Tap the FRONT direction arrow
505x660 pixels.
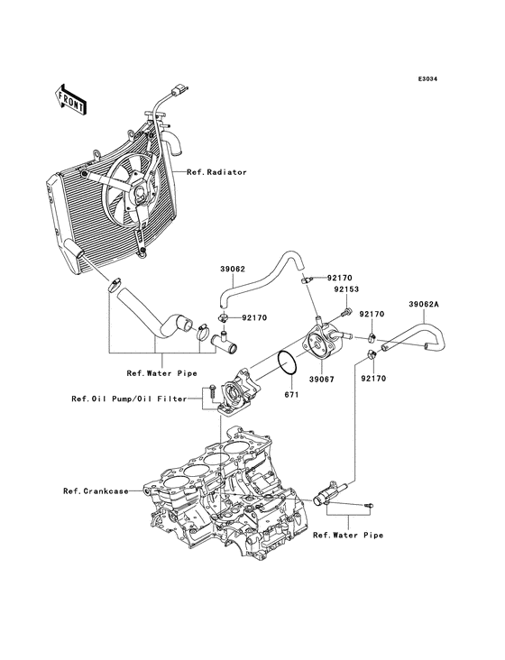pos(70,98)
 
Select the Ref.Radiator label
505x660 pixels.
pos(216,171)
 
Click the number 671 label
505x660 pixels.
pos(291,396)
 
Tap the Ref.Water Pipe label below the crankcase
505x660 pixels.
pos(347,536)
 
